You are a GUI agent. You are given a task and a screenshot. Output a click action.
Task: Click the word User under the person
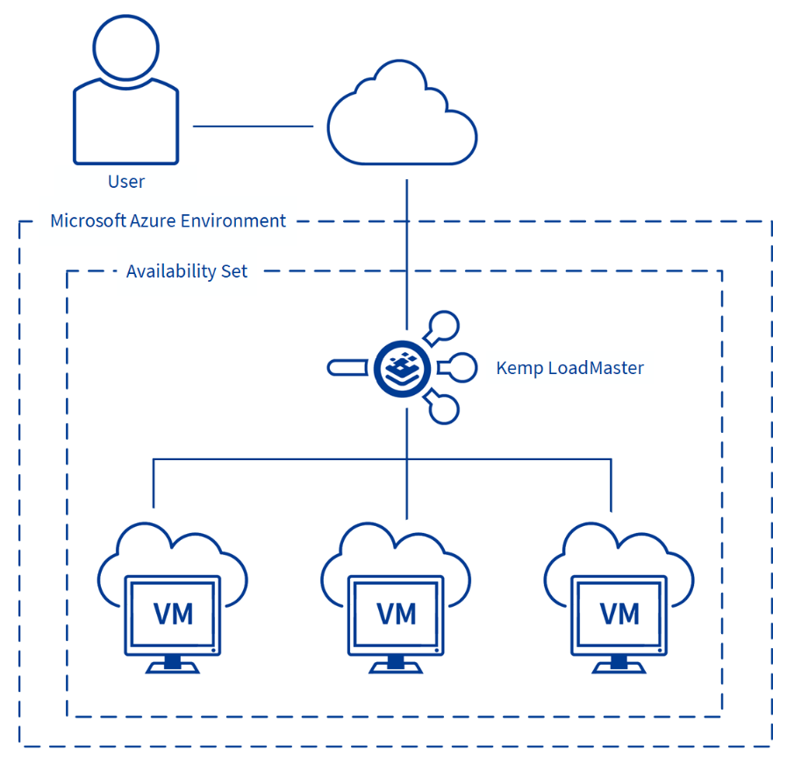[125, 182]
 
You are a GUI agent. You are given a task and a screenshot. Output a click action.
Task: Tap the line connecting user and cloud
[253, 126]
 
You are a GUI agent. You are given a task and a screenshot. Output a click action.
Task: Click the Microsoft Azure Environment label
[168, 220]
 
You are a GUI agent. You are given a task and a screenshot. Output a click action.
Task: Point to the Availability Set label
[187, 270]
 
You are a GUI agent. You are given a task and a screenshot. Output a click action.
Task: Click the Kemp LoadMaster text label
[569, 368]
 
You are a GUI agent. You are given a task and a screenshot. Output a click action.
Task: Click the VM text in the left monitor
[173, 614]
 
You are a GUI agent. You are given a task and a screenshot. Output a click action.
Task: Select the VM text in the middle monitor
[396, 614]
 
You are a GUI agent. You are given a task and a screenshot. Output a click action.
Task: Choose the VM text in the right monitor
[619, 614]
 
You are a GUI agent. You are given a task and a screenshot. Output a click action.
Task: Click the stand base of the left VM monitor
[173, 667]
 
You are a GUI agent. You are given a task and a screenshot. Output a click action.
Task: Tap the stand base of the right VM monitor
[619, 667]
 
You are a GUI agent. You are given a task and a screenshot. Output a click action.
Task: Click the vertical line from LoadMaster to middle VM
[406, 474]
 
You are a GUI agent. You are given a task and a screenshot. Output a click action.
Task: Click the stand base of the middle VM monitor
[396, 667]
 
